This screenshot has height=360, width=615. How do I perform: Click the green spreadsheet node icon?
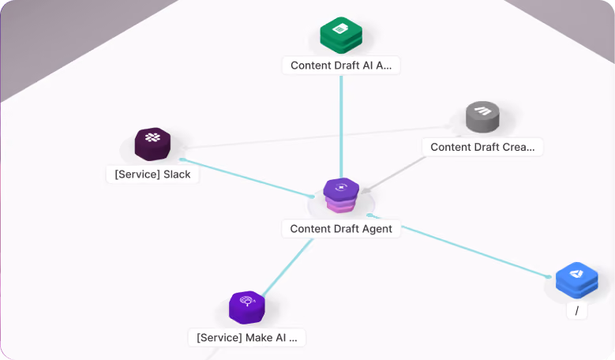tap(341, 35)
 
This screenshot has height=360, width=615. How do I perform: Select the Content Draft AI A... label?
tap(341, 66)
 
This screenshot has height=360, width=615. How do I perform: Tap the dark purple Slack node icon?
tap(152, 144)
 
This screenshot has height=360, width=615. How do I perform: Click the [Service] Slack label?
tap(152, 174)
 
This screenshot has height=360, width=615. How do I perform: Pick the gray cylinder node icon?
tap(482, 117)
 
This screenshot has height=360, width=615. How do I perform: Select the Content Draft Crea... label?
tap(482, 147)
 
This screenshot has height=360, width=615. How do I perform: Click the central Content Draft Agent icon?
tap(341, 195)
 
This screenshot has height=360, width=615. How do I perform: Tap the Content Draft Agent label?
tap(341, 229)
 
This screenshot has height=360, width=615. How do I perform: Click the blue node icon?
tap(576, 280)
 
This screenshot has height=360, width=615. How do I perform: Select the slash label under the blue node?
tap(576, 311)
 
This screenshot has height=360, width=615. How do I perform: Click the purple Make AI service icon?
tap(246, 307)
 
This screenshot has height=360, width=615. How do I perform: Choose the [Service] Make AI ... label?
tap(246, 338)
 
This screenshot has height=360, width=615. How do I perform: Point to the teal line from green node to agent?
tap(341, 126)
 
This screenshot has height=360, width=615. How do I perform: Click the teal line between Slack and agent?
tap(247, 178)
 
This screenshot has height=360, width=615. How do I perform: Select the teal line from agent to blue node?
tap(459, 246)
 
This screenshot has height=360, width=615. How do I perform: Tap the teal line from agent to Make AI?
tap(287, 268)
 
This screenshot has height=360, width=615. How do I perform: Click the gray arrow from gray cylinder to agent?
tap(393, 175)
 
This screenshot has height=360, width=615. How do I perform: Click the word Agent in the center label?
tap(377, 229)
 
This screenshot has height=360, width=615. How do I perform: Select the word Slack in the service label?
tap(177, 174)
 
